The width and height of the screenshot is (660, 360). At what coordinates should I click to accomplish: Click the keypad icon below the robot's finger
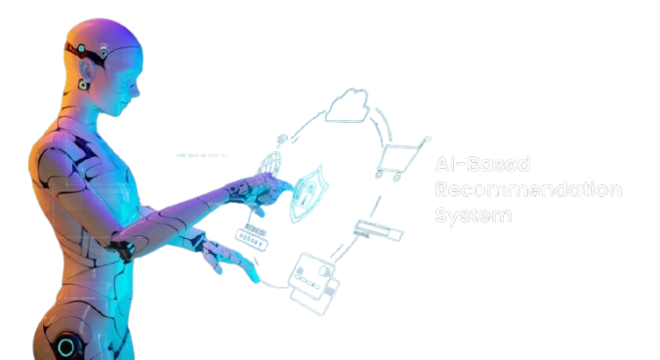click(x=251, y=235)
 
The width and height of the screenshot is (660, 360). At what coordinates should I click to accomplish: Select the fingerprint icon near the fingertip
click(x=277, y=162)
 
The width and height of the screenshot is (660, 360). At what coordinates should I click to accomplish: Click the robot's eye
click(x=85, y=50)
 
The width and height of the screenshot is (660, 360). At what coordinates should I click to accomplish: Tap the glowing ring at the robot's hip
click(x=66, y=346)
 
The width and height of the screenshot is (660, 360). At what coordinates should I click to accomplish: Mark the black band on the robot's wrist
click(x=122, y=249)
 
